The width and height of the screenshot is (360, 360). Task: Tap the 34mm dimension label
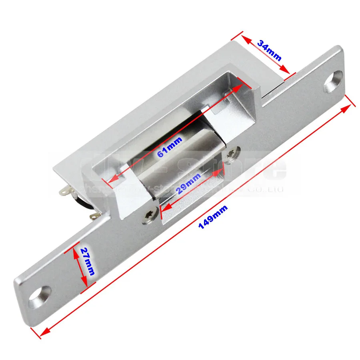coord(269,50)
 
